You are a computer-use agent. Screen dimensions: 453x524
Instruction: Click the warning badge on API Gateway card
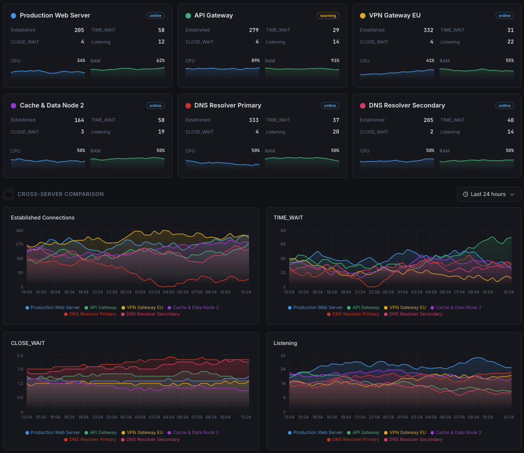[x=328, y=15]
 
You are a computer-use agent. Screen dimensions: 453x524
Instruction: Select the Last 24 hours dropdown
[x=488, y=194]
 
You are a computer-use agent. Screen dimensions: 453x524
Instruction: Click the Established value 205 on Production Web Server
[x=79, y=30]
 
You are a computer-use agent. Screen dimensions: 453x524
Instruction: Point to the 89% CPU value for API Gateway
[x=255, y=60]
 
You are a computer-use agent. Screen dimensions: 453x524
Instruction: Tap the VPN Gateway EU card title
[x=394, y=15]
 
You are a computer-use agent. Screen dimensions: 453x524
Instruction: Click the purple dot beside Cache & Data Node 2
[x=13, y=106]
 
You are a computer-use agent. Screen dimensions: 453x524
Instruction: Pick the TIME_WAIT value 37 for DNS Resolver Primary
[x=335, y=120]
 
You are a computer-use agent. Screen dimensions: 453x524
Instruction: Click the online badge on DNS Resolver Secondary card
[x=504, y=105]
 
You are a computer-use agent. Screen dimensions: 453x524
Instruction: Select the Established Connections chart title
[x=42, y=217]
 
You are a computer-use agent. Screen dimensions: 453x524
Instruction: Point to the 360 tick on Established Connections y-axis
[x=19, y=230]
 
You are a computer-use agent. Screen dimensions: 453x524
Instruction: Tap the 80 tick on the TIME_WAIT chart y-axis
[x=282, y=230]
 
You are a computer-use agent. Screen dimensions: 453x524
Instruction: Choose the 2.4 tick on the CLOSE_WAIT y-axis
[x=20, y=355]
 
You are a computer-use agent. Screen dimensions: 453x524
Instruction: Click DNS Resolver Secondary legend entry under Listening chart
[x=415, y=439]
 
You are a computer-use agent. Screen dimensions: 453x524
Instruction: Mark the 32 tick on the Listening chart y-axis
[x=282, y=355]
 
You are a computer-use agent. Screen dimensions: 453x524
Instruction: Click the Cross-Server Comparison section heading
[x=60, y=194]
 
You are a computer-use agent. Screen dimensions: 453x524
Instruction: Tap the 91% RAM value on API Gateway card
[x=334, y=60]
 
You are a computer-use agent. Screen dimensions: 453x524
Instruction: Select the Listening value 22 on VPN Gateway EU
[x=510, y=42]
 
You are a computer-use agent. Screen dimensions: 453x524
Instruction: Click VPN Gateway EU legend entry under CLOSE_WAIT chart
[x=144, y=432]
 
